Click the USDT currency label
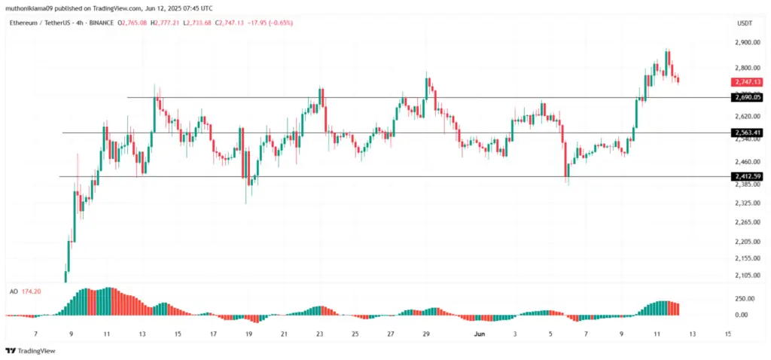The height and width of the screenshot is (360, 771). (745, 23)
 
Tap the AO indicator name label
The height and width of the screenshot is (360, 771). (14, 290)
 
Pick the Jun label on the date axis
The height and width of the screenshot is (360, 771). (479, 332)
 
